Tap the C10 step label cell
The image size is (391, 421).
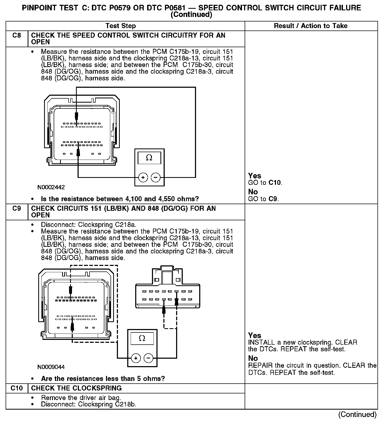[x=16, y=388]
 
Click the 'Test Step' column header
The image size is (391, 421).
[x=121, y=26]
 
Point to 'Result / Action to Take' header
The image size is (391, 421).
[x=311, y=26]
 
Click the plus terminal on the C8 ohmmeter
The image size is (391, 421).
[x=143, y=177]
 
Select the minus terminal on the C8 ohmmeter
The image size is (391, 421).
[x=156, y=177]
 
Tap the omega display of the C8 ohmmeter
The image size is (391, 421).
[x=149, y=158]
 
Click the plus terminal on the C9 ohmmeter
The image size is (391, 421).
[x=136, y=358]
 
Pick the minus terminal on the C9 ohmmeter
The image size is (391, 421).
[x=148, y=358]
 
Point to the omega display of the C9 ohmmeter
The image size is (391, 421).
[x=142, y=339]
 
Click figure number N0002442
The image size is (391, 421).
[x=51, y=187]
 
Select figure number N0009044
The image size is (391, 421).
[x=51, y=367]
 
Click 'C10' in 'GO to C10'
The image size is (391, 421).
[x=275, y=183]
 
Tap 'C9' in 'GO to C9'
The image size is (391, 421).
[x=273, y=199]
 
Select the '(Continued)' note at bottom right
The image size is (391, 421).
[x=358, y=414]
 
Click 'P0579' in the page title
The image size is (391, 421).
[x=117, y=8]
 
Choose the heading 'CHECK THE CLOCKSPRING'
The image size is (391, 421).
[x=76, y=388]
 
